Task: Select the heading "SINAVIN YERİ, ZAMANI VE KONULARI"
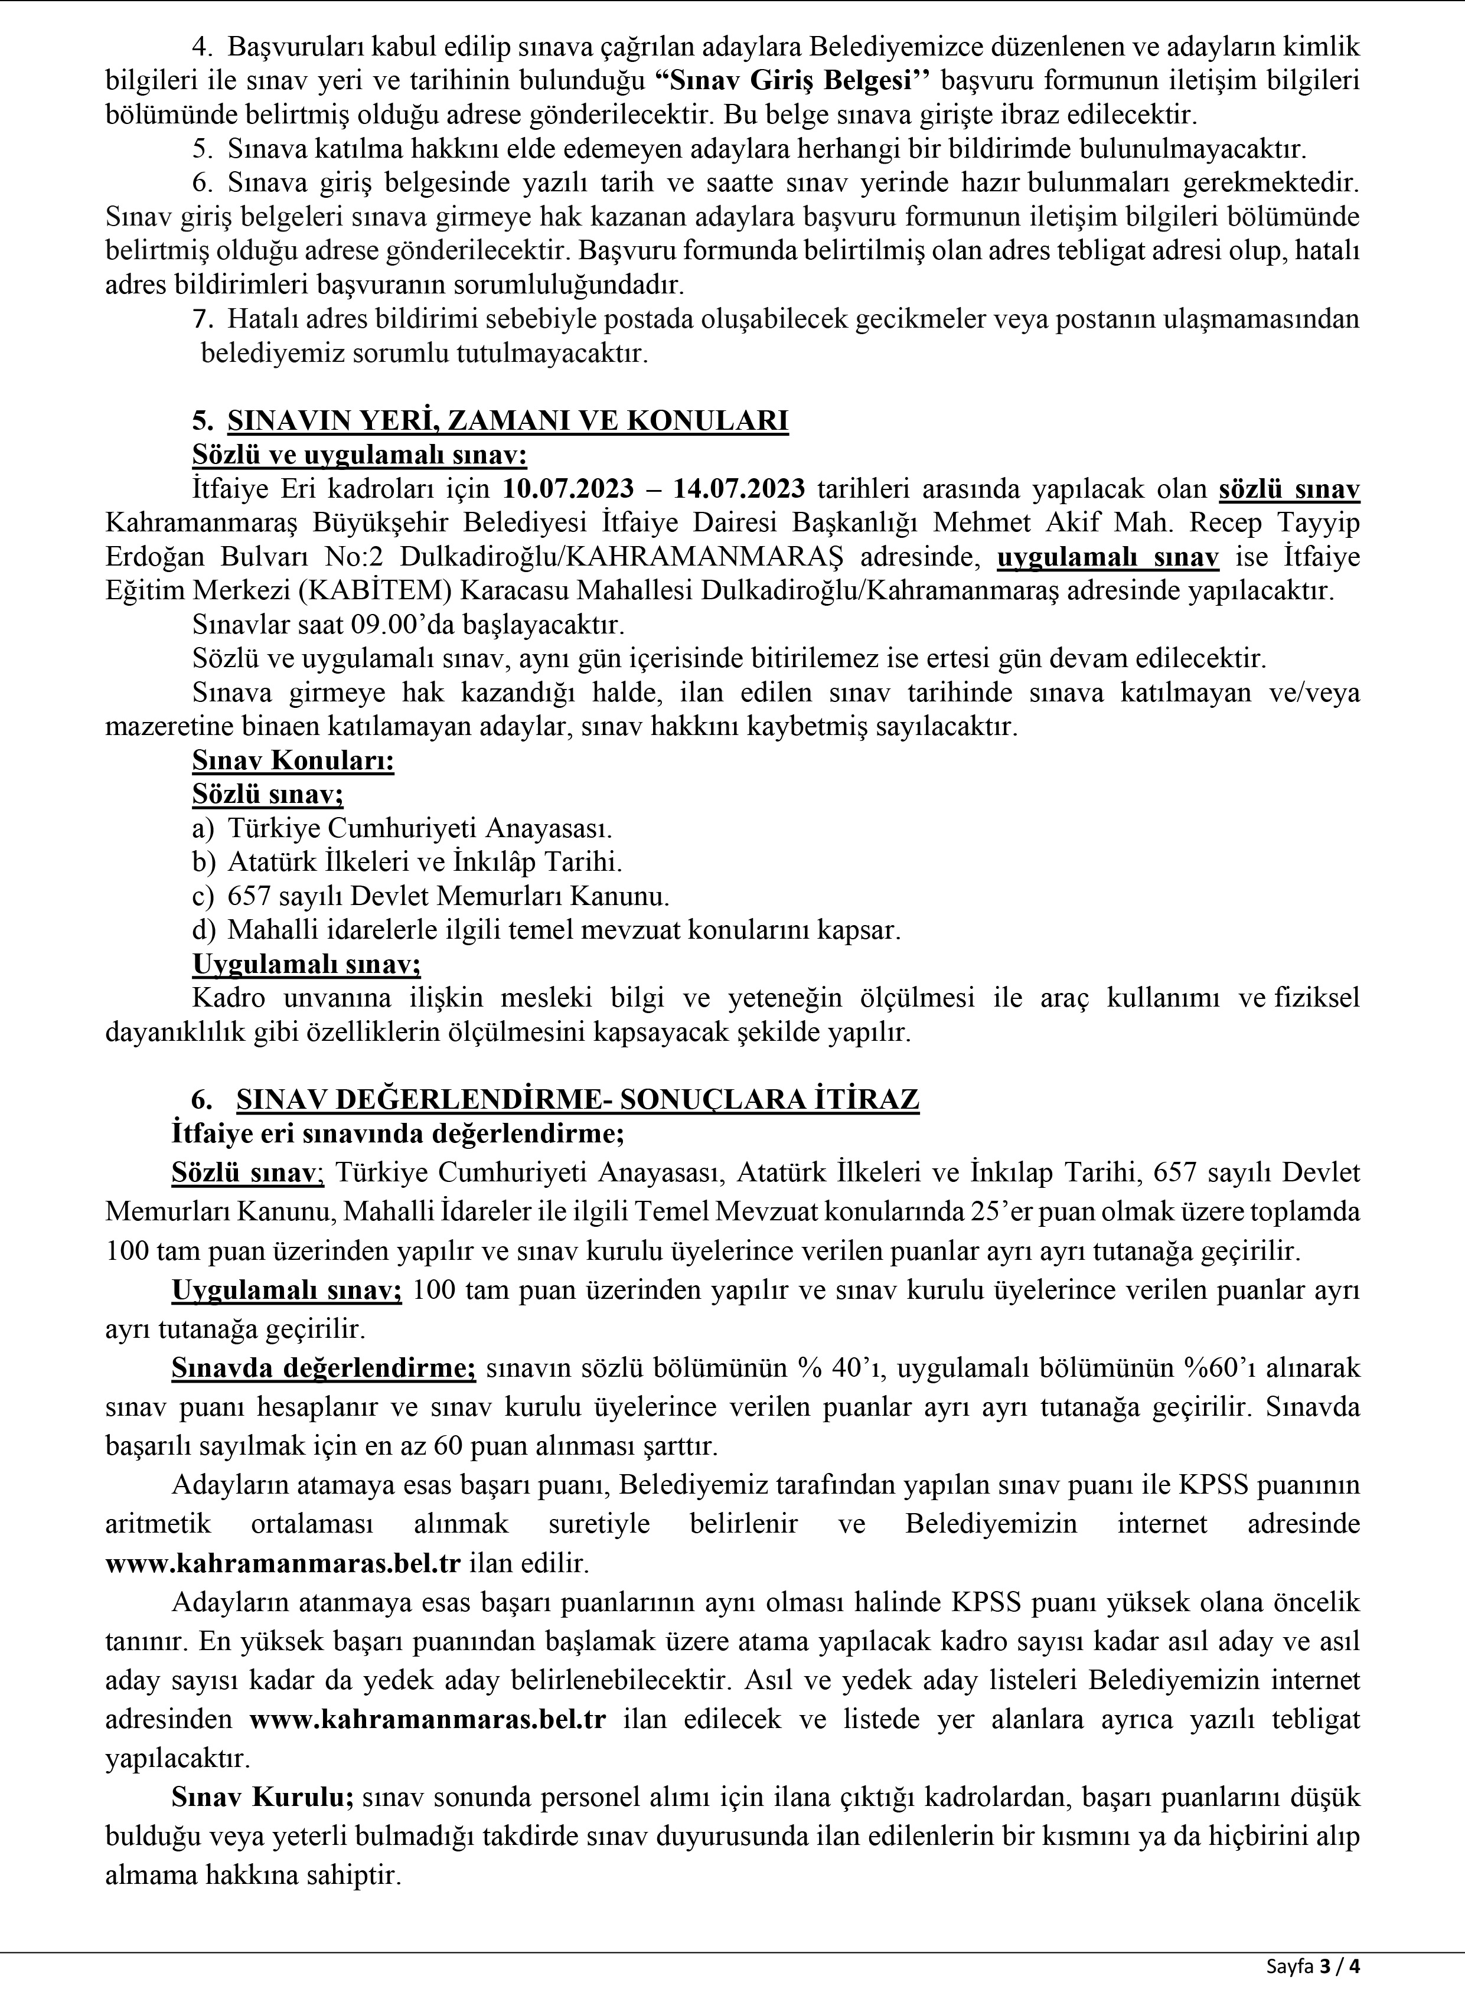pyautogui.click(x=508, y=420)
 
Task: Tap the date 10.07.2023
pyautogui.click(x=568, y=489)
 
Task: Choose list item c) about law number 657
pyautogui.click(x=430, y=896)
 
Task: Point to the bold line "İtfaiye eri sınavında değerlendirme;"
pyautogui.click(x=399, y=1134)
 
